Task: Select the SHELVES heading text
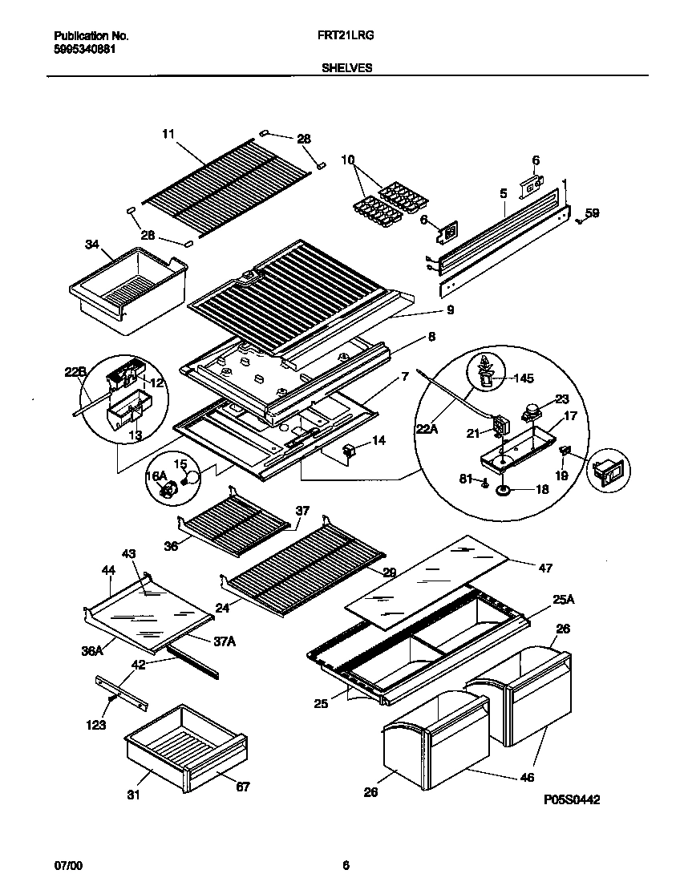[346, 68]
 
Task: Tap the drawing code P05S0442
[572, 799]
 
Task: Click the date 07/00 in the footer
[67, 865]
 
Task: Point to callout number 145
[523, 378]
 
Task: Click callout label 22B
[75, 371]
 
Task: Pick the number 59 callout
[592, 213]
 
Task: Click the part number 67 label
[243, 787]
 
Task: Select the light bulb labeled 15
[189, 479]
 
